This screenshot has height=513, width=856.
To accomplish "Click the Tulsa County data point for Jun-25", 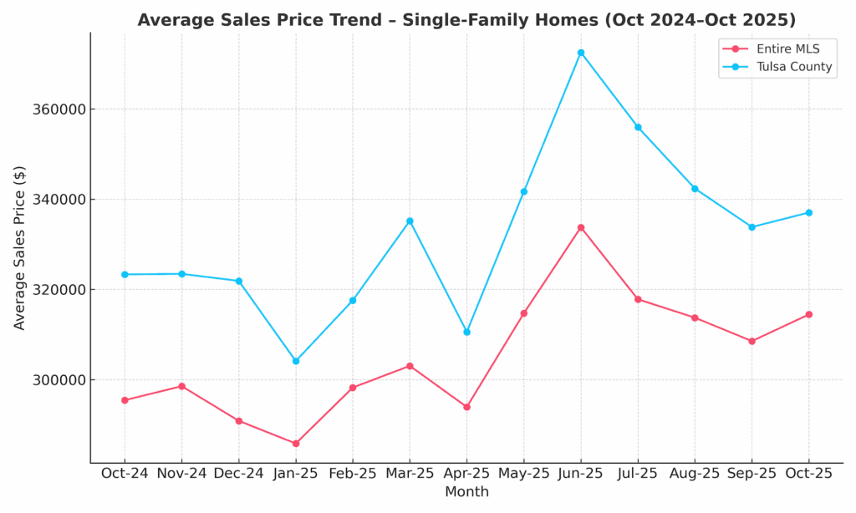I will tap(581, 53).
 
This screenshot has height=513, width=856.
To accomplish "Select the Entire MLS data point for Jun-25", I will tap(581, 227).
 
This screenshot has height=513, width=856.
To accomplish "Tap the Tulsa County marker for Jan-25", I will tap(296, 361).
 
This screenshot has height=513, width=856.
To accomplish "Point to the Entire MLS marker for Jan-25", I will tap(296, 444).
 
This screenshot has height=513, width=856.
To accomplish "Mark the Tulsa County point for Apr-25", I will tap(466, 332).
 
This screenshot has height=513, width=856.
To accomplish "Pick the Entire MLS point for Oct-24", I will tap(125, 400).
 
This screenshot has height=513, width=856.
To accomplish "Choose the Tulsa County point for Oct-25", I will tap(808, 212).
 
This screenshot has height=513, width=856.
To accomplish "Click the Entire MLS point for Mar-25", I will tap(410, 366).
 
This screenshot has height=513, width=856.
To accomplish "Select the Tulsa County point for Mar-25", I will tap(410, 221).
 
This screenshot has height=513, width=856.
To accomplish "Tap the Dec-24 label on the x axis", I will tap(238, 473).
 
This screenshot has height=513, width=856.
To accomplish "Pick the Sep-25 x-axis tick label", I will tap(752, 473).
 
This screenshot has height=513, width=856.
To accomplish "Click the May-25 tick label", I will tap(523, 473).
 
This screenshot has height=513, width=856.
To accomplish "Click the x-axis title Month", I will tap(466, 492).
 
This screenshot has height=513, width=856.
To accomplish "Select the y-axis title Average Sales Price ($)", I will tap(20, 247).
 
